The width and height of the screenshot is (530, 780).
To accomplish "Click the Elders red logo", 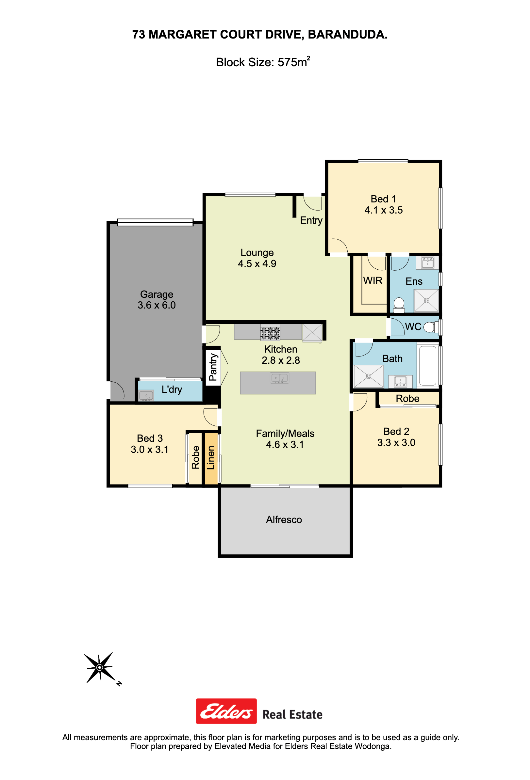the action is [x=226, y=711].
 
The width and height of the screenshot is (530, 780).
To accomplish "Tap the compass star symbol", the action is [x=100, y=667].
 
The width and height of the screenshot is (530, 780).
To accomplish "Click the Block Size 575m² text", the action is [x=263, y=62].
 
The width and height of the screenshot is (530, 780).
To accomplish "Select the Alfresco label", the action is [x=284, y=519].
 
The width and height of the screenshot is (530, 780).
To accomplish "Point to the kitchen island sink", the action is [x=279, y=378].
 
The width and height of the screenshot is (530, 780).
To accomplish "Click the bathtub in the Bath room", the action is [x=427, y=365].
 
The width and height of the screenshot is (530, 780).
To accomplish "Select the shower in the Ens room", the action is [x=426, y=300].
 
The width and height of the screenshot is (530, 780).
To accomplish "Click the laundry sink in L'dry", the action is [x=146, y=395].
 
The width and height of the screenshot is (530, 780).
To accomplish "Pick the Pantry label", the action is [x=213, y=367].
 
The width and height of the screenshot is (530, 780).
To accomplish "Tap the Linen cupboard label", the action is [x=210, y=457].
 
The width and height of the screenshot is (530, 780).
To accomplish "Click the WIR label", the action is [x=373, y=280].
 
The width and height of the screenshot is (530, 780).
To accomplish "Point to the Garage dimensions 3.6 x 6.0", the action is [x=157, y=305].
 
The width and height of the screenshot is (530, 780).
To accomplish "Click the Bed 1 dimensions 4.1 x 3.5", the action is [x=383, y=210].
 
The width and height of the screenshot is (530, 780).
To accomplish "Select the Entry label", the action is [x=311, y=220].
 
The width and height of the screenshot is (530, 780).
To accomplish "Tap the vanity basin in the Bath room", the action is [x=400, y=382].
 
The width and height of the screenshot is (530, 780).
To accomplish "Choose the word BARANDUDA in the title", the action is [x=347, y=35].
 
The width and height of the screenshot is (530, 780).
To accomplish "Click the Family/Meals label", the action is [x=285, y=433].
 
